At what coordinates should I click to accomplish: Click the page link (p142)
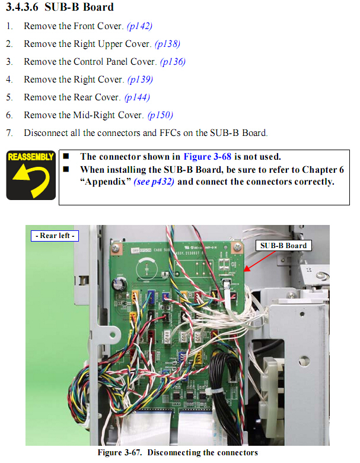click(139, 26)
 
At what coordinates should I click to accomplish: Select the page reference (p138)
click(167, 44)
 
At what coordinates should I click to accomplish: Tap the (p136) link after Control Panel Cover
click(173, 62)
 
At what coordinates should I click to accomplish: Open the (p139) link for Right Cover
click(140, 80)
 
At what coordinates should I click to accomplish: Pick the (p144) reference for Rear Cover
click(137, 97)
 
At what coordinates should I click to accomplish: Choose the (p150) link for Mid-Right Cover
click(160, 115)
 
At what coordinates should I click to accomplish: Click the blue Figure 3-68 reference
click(208, 157)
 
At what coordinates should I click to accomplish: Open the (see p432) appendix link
click(154, 181)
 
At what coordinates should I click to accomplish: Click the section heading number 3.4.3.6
click(22, 7)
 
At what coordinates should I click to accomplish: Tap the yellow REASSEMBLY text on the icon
click(31, 157)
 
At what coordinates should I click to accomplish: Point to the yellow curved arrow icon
click(31, 179)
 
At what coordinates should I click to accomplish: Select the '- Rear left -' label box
click(55, 236)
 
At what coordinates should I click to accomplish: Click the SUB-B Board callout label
click(283, 246)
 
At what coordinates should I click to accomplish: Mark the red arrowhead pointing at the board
click(246, 269)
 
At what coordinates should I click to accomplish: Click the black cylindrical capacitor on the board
click(119, 285)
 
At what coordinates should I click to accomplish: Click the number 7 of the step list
click(9, 133)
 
